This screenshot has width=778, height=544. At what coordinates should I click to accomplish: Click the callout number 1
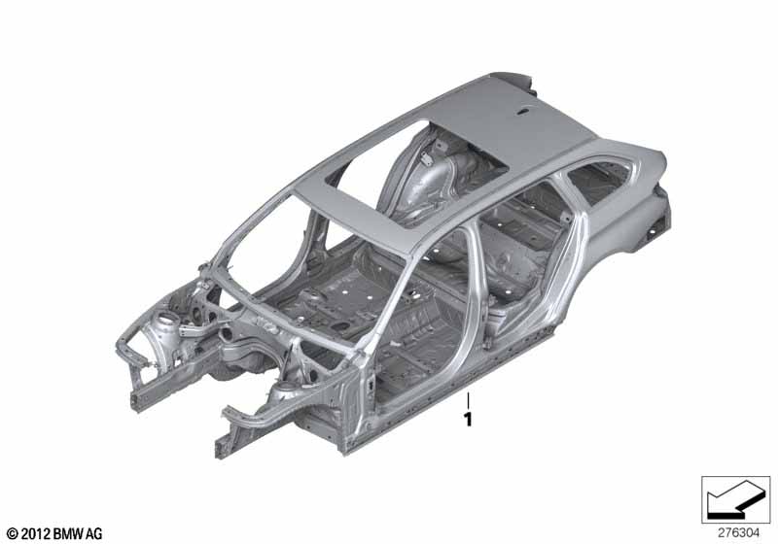coord(468,420)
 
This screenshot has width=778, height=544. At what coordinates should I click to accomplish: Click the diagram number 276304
coord(738,533)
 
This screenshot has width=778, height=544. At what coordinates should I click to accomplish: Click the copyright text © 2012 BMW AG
coord(55,533)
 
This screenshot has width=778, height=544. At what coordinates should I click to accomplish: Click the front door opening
coord(422,327)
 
